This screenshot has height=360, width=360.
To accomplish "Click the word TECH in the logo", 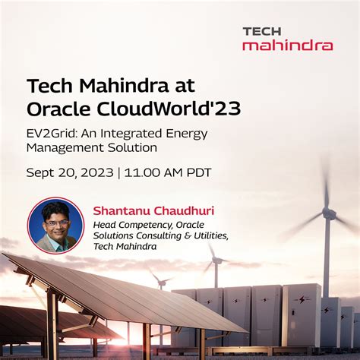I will pos(262,31).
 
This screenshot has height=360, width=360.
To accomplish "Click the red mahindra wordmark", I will pos(287,45).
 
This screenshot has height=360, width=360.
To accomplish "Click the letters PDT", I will pos(197,172).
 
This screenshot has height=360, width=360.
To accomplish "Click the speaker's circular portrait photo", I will pos(55,225).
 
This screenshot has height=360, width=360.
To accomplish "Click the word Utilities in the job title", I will pos(204,235).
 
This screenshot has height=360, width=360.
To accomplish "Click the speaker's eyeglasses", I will pos(55,223).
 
